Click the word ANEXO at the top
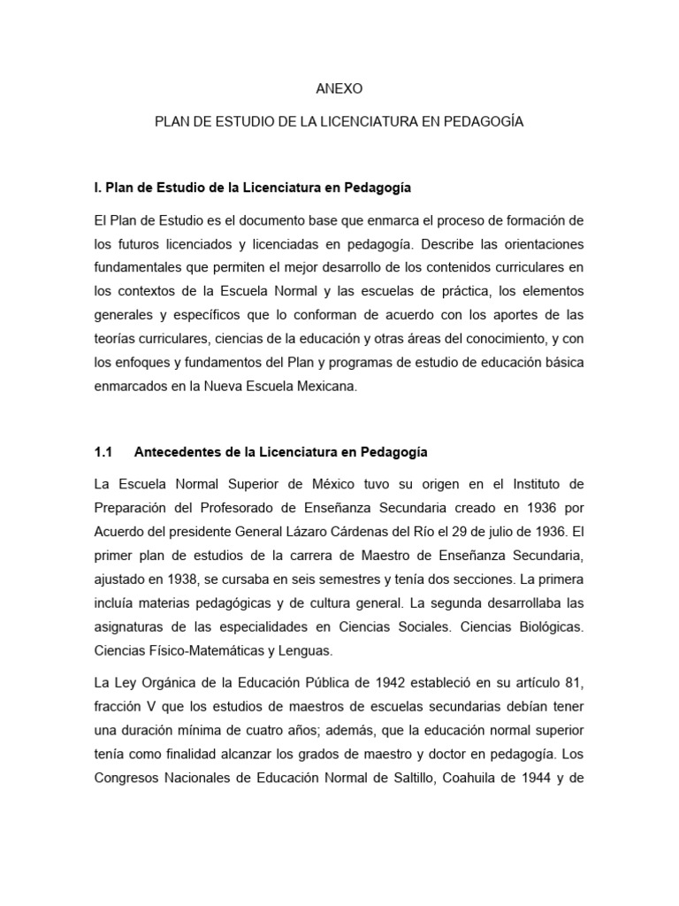click(339, 89)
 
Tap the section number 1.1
click(103, 452)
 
